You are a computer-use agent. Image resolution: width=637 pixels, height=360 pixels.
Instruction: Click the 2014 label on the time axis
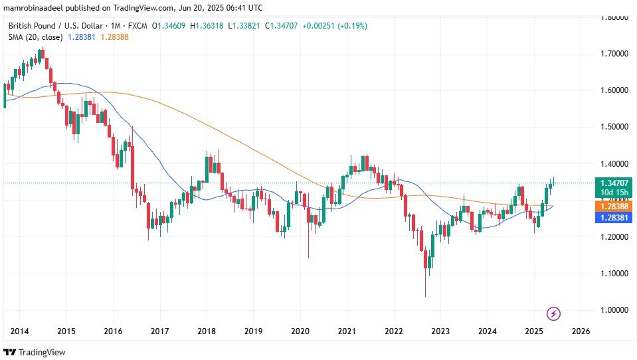click(x=19, y=331)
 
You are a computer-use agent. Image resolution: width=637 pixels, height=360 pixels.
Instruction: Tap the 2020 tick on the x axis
click(x=301, y=331)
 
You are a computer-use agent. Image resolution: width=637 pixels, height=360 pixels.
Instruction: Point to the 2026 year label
click(x=581, y=331)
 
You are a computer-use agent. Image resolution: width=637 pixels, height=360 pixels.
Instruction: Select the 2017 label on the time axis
click(x=159, y=331)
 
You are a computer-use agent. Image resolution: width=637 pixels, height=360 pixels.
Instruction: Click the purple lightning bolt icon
click(x=553, y=313)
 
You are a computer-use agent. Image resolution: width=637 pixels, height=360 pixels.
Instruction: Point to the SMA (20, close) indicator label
click(x=36, y=37)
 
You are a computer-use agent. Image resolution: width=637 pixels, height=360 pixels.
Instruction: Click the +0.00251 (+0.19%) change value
click(x=336, y=26)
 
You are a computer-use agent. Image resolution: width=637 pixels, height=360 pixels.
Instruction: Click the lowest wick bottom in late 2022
click(x=425, y=296)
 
